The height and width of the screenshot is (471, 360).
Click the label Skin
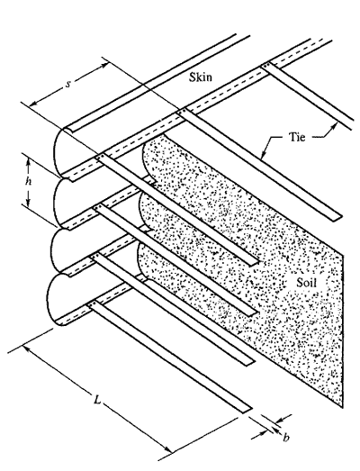point(201,77)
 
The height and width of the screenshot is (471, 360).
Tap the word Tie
point(297,137)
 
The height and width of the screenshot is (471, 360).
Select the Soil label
point(306,283)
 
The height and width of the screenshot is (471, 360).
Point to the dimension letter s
point(68,85)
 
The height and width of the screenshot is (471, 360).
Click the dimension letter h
point(28,181)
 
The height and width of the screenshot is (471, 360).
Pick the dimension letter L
point(96,400)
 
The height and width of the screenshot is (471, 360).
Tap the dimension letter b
point(286,438)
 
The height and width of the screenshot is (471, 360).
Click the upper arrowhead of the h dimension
point(28,162)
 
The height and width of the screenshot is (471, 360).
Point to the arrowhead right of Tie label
point(334,126)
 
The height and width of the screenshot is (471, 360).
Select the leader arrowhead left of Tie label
point(263,155)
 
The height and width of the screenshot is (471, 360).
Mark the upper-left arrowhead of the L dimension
point(27,349)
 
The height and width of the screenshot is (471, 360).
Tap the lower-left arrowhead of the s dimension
point(33,103)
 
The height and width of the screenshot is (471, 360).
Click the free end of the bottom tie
point(247,410)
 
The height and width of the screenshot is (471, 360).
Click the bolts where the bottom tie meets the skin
point(92,305)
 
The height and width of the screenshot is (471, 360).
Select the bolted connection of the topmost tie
point(266,66)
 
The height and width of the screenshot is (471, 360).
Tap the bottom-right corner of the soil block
point(342,408)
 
